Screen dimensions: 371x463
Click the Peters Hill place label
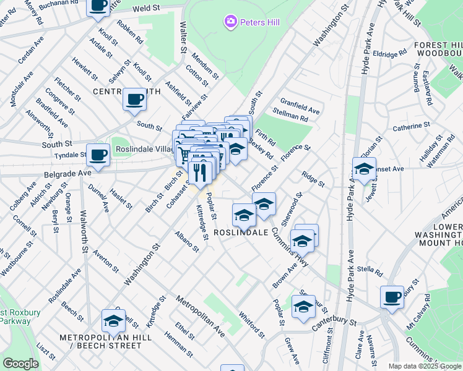260,23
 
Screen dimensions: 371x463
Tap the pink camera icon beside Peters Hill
230,23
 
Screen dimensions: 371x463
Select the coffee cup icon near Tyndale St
98,155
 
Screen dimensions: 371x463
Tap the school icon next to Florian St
364,168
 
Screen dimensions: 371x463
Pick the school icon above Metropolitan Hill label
113,321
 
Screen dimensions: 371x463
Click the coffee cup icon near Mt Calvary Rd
392,297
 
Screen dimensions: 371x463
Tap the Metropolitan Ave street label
199,316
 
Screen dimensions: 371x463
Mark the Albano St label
187,243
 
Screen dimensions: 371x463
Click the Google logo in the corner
21,364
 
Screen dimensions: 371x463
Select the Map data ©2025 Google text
424,366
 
